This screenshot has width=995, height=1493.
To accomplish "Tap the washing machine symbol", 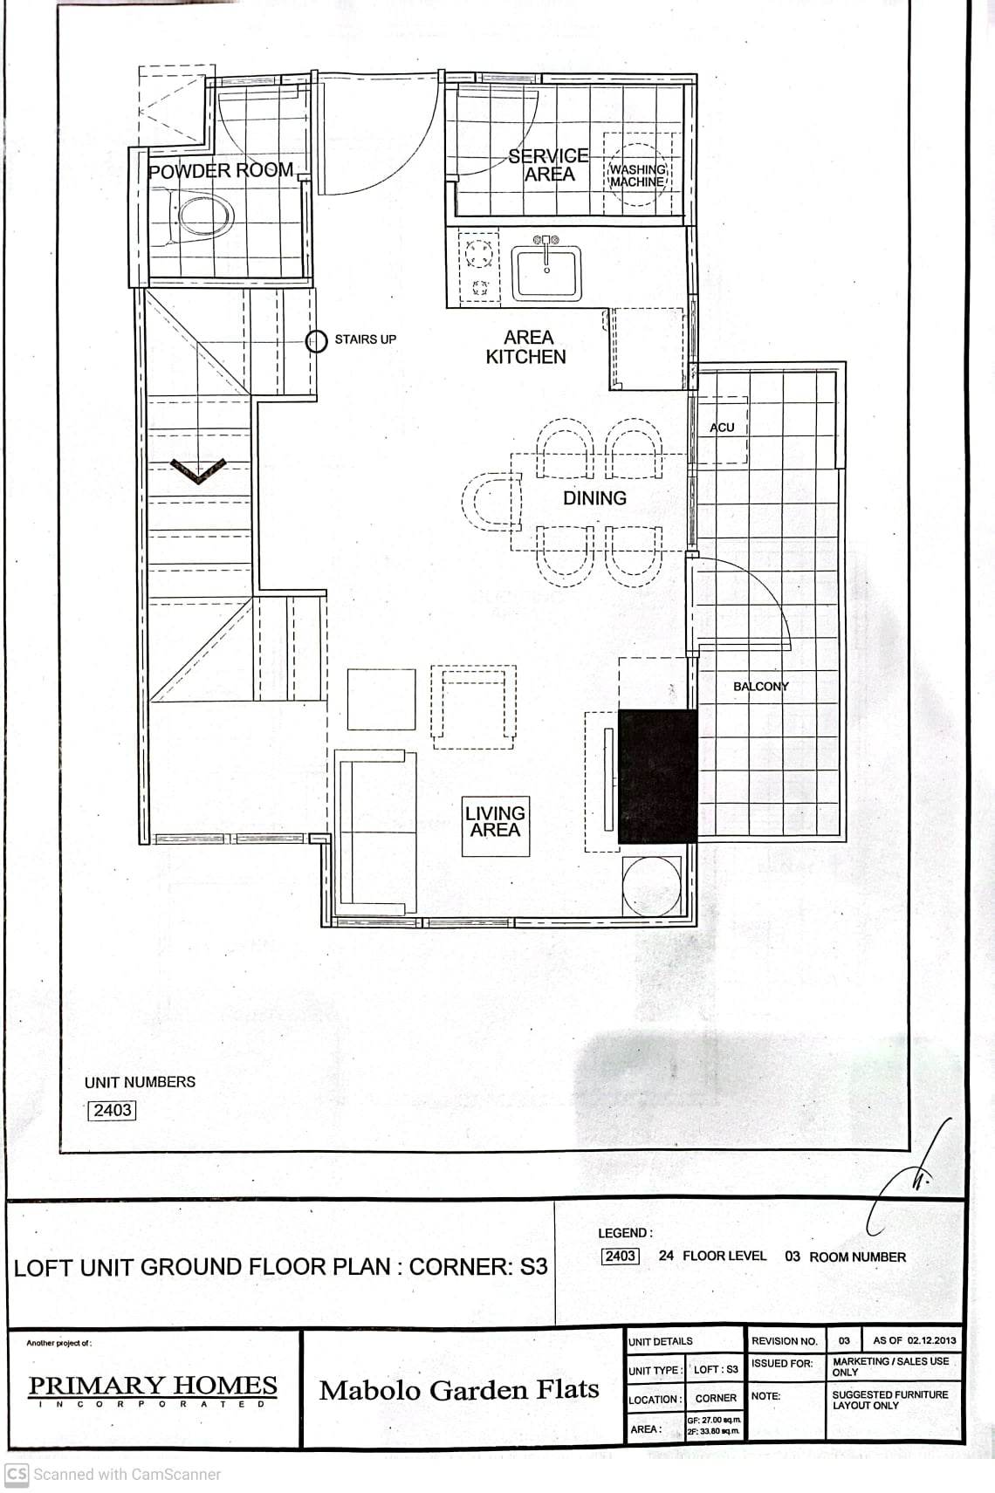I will (637, 175).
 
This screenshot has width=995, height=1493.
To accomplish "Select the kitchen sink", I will (546, 271).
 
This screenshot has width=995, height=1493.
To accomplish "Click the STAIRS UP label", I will (365, 339).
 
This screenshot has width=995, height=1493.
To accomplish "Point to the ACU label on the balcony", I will (722, 428).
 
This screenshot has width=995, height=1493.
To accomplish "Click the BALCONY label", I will (760, 687).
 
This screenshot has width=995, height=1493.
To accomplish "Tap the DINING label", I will (594, 498).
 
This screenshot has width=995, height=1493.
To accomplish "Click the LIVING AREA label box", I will (495, 822).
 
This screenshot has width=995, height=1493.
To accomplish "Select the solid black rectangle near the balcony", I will (657, 777).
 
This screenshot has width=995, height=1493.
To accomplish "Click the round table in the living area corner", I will (652, 885).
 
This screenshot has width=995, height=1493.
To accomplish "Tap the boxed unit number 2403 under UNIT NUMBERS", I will (113, 1110).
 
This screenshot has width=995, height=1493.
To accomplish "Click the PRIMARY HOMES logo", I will (153, 1386).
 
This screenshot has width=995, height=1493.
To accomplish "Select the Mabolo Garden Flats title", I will (459, 1390).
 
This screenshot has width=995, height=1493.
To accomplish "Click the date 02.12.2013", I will (931, 1340).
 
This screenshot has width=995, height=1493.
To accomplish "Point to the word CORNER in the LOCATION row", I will (716, 1398).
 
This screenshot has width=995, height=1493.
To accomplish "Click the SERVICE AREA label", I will (549, 165).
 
